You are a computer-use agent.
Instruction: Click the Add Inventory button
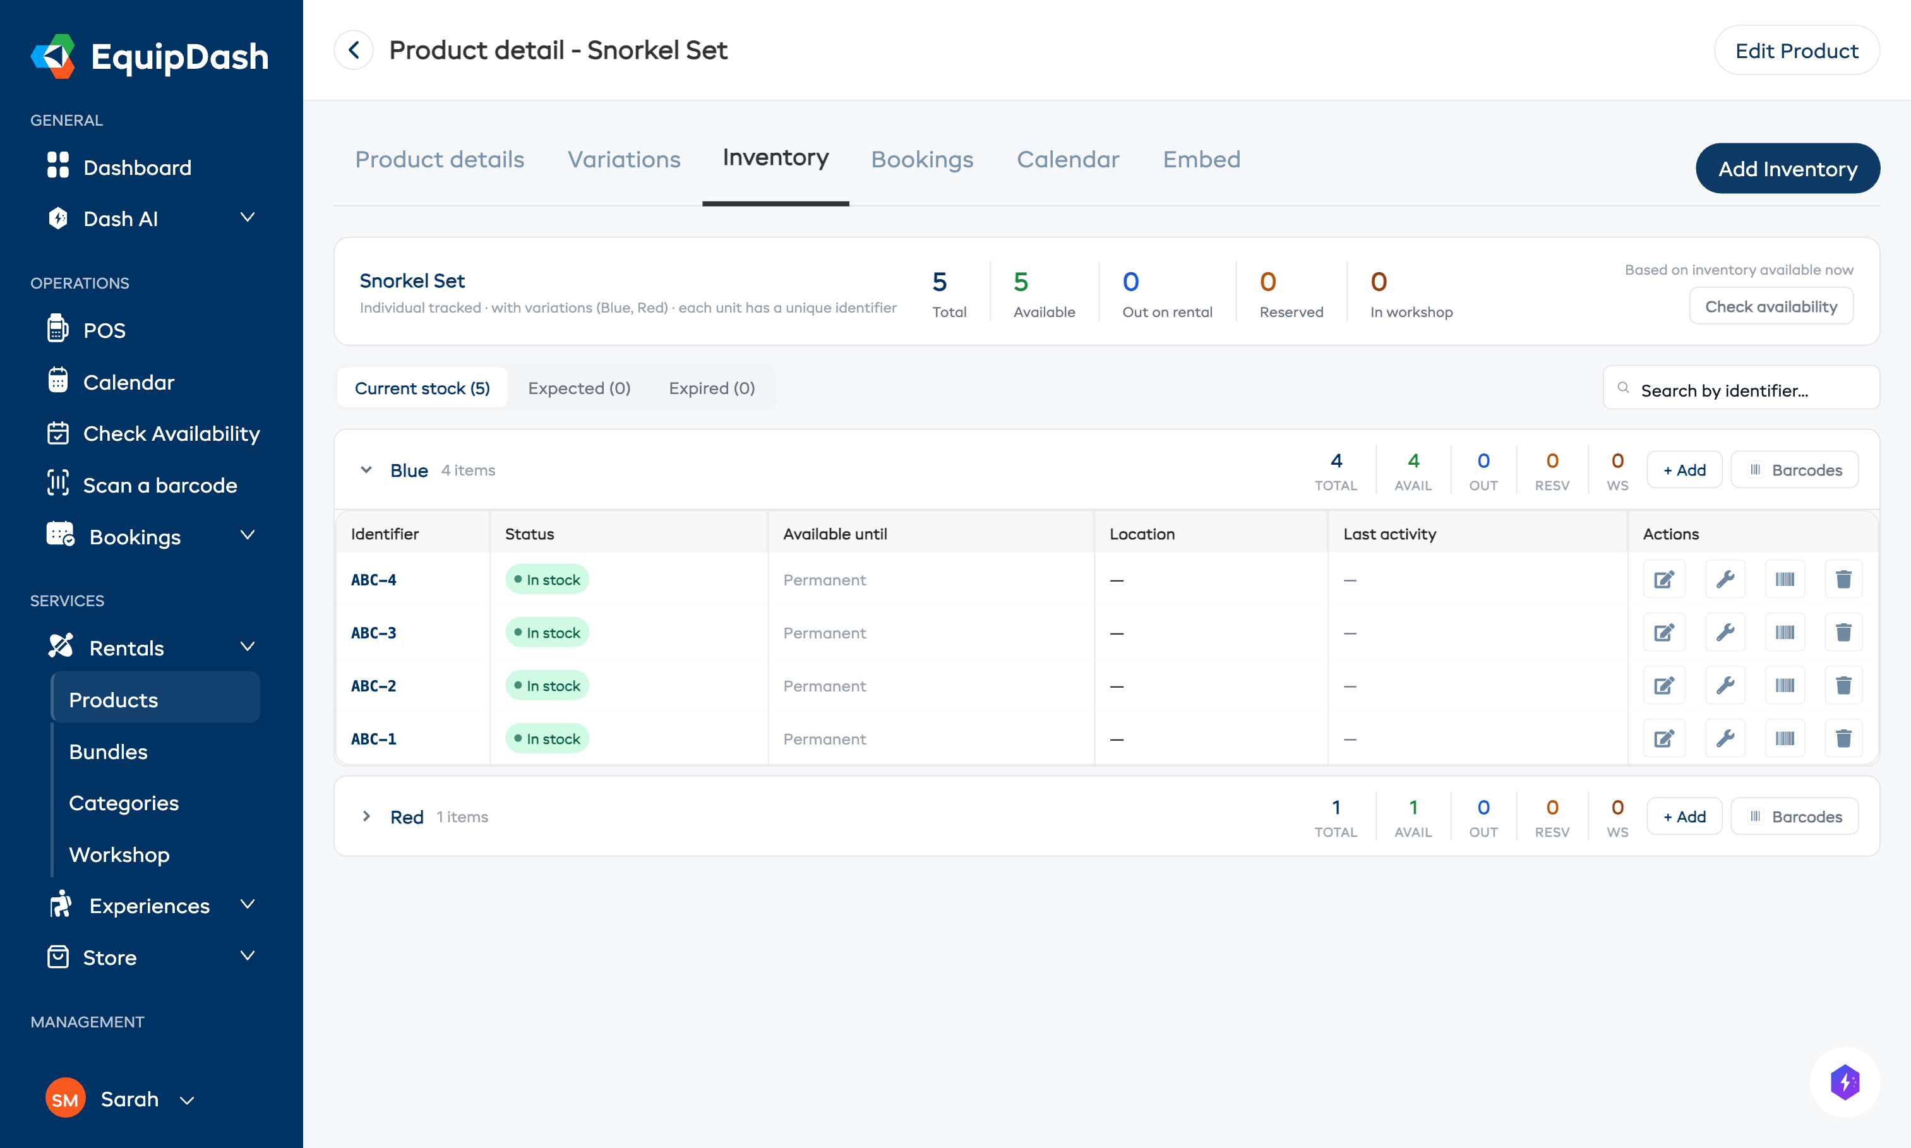[1787, 169]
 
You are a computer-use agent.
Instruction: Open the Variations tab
[623, 159]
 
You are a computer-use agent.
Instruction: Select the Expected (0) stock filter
[578, 388]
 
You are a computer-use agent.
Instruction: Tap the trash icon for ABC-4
[1843, 580]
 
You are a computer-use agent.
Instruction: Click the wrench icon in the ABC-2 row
[1725, 685]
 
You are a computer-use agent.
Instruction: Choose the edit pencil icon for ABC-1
[1663, 739]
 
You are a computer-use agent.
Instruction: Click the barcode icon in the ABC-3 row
[1784, 633]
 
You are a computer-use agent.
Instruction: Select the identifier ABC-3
[374, 633]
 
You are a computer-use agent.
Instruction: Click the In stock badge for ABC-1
[547, 739]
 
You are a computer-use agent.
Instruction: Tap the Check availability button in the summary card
[1770, 306]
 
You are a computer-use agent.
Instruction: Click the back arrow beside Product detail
[354, 51]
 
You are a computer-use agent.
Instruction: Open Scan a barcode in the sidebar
[159, 485]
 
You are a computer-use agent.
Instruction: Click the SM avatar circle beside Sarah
[65, 1099]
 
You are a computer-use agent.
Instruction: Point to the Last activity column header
[1389, 534]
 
